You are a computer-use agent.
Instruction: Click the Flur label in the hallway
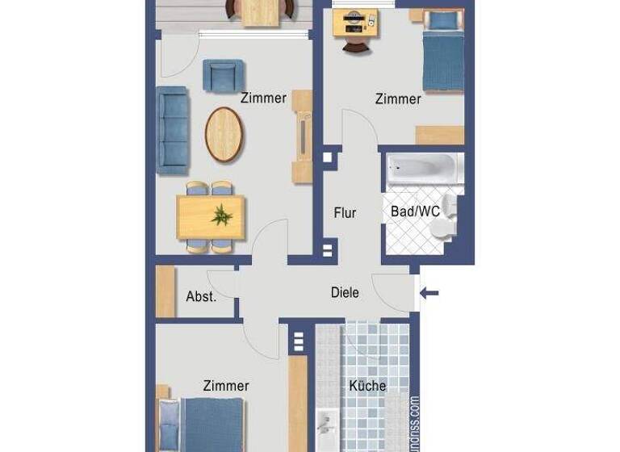pos(345,214)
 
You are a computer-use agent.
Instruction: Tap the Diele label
pos(345,293)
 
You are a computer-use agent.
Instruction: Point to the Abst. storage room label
pos(201,296)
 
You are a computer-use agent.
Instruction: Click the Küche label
pos(367,386)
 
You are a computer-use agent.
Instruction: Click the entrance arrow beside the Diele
pos(429,292)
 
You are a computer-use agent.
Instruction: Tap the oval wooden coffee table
pos(224,134)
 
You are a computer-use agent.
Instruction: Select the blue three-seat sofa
pos(173,129)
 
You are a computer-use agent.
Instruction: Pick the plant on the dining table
pos(220,215)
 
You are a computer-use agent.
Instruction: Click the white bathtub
pos(423,169)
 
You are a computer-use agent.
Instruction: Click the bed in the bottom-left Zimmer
pos(212,425)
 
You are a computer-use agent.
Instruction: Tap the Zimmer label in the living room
pos(263,98)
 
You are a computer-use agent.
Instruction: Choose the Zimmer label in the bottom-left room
pos(226,386)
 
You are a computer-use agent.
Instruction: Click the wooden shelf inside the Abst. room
pos(165,291)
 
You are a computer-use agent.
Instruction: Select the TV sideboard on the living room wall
pos(302,136)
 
